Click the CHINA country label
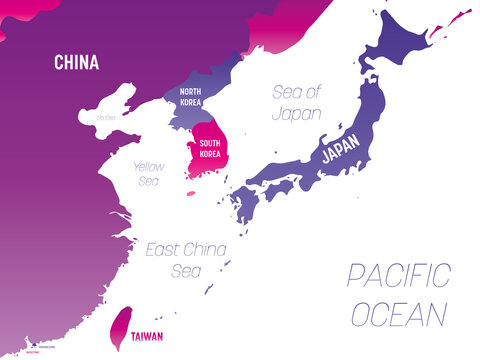pos(76,63)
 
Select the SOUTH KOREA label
pos(210,149)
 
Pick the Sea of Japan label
pos(297,103)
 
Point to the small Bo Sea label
pos(107,117)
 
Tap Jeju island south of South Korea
pos(192,193)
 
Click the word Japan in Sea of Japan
pos(297,113)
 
